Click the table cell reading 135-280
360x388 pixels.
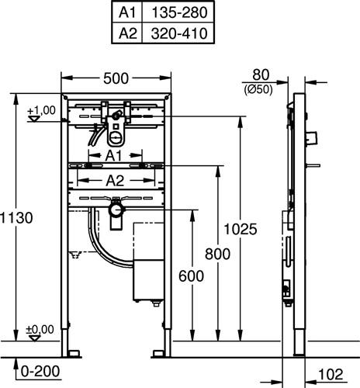[178, 12]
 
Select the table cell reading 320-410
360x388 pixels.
[178, 33]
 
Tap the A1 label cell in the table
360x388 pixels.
[127, 12]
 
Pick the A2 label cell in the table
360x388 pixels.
[127, 33]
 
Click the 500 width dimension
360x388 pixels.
[116, 78]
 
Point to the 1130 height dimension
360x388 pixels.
[16, 218]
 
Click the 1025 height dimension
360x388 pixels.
[241, 229]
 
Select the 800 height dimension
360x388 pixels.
[217, 254]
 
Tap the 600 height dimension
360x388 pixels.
[191, 276]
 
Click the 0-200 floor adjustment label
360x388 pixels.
[40, 372]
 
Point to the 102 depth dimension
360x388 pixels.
[331, 374]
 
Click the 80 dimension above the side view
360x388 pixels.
[261, 74]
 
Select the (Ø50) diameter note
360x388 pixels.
[258, 90]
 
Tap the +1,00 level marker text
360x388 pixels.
[41, 110]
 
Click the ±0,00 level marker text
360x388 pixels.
[40, 330]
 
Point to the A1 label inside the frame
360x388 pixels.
[113, 156]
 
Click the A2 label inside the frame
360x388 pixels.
[115, 181]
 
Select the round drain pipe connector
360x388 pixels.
[116, 210]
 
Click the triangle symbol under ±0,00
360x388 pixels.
[35, 338]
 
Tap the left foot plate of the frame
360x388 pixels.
[74, 354]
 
